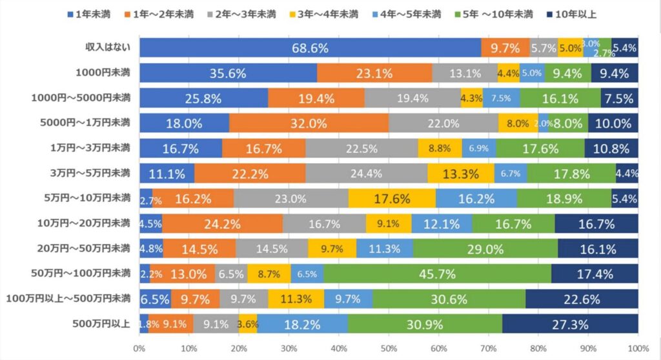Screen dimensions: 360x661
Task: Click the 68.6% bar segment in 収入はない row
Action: [x=310, y=48]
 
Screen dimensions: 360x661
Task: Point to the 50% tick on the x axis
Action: [x=389, y=349]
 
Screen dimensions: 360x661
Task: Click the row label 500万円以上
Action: [x=104, y=323]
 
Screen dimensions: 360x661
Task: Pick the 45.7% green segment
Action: [x=438, y=274]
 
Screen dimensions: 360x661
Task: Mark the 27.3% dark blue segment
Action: [x=569, y=323]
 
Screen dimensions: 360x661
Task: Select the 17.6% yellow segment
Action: [x=392, y=199]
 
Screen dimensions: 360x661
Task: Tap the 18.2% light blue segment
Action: [x=303, y=323]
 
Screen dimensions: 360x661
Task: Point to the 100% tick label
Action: [x=638, y=349]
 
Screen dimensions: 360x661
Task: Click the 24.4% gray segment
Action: [x=366, y=173]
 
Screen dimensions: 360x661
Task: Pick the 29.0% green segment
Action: [x=485, y=248]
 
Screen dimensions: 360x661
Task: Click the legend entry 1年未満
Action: [x=90, y=14]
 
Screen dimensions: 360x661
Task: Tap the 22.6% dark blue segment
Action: [x=582, y=299]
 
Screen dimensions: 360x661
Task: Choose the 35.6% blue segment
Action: [x=228, y=73]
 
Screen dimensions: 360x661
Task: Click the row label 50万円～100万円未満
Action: [x=81, y=273]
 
